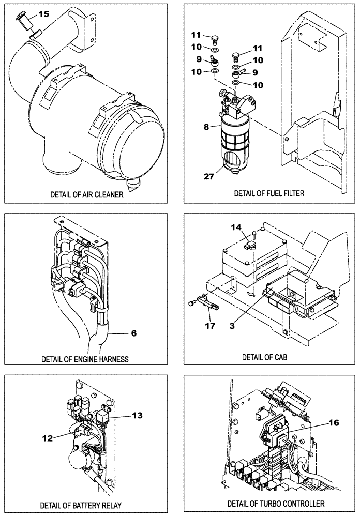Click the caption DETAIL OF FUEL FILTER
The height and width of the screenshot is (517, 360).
(269, 193)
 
